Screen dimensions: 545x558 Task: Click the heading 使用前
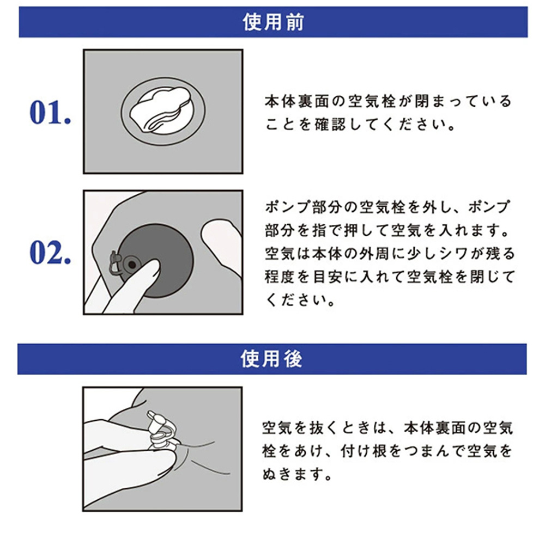click(x=273, y=22)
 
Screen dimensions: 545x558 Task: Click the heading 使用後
click(x=271, y=359)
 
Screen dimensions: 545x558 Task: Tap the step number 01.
click(x=50, y=113)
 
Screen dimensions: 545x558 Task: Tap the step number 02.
click(x=50, y=253)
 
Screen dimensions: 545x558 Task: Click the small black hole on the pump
click(x=132, y=265)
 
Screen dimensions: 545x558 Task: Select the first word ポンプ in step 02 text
click(x=288, y=207)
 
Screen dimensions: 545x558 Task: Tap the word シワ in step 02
click(x=464, y=253)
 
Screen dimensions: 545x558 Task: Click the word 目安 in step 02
click(x=328, y=277)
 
